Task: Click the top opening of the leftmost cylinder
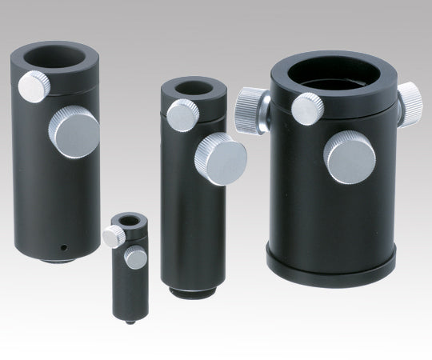click(x=54, y=58)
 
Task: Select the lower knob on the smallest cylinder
click(x=136, y=258)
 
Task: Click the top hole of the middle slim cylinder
click(x=187, y=87)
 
